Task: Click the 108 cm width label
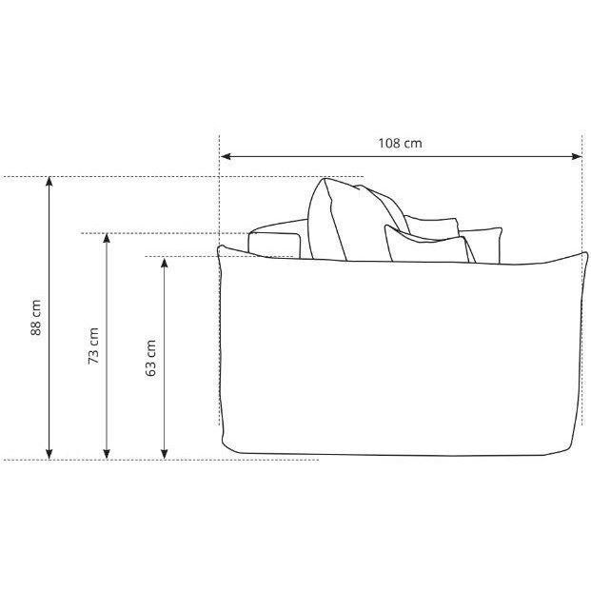click(400, 143)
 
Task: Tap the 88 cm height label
click(36, 317)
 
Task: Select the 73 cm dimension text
click(93, 345)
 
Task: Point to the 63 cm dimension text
click(150, 358)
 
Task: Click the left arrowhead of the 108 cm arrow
click(226, 156)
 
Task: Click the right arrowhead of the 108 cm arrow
click(578, 156)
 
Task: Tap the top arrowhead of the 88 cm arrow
click(49, 181)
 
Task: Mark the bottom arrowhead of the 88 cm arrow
click(49, 454)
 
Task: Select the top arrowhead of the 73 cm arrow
click(107, 238)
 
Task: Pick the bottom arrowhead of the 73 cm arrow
click(107, 454)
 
